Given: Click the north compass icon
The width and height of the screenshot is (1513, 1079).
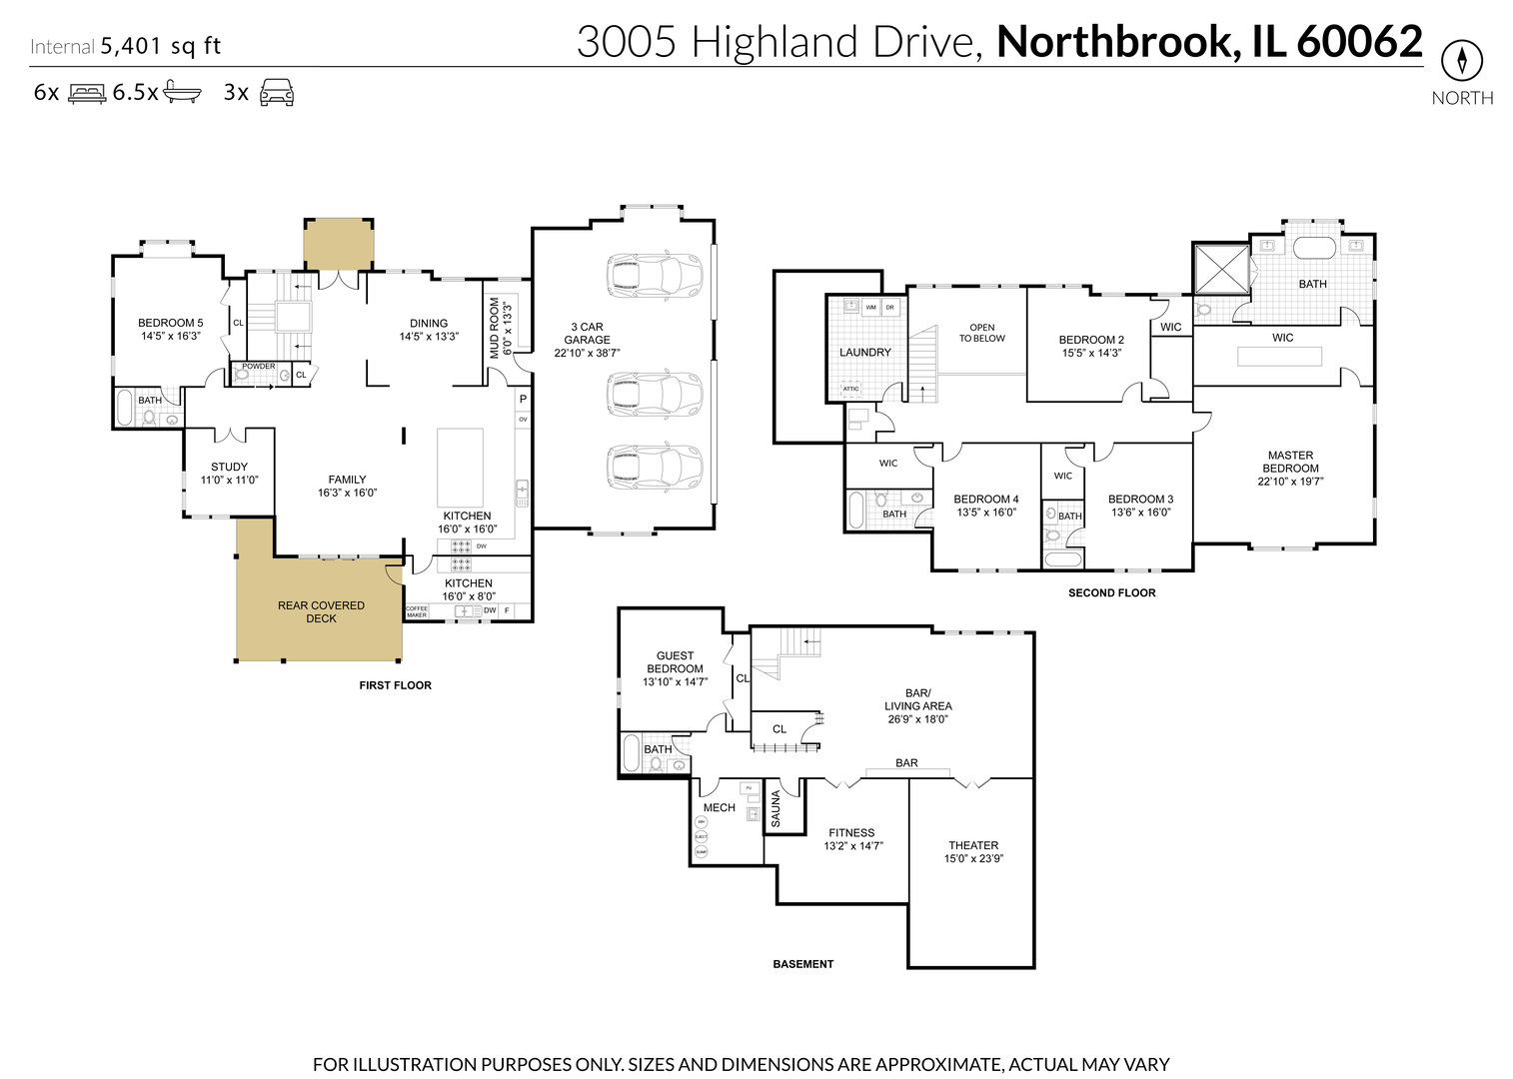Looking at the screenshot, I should point(1461,62).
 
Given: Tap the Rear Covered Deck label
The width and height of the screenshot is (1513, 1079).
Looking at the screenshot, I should point(321,611).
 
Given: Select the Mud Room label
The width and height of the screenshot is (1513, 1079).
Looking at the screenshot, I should point(495,328).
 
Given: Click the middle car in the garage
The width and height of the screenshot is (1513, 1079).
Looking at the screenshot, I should point(655,395).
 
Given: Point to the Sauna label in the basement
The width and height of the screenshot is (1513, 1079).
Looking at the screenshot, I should point(775,809).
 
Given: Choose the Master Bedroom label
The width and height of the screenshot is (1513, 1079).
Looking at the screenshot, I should point(1290,462).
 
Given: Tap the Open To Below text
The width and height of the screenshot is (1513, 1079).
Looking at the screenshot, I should point(981,333).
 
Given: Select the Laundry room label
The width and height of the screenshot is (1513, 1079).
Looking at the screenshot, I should point(864,353).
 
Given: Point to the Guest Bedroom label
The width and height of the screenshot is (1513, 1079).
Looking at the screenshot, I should point(675,662).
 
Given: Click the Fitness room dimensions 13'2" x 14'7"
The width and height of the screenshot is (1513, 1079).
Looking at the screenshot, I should point(852,846).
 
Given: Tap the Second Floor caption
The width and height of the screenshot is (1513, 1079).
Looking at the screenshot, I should point(1111,592).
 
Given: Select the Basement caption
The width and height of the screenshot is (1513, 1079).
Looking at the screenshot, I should point(802,964).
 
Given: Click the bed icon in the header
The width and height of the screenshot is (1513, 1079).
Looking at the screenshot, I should point(87,94).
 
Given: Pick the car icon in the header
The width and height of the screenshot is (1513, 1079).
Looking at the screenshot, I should point(277,94).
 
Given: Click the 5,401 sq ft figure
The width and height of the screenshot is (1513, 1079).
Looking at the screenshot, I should point(160,46).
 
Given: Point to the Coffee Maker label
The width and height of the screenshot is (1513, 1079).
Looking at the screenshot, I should point(417,611).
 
